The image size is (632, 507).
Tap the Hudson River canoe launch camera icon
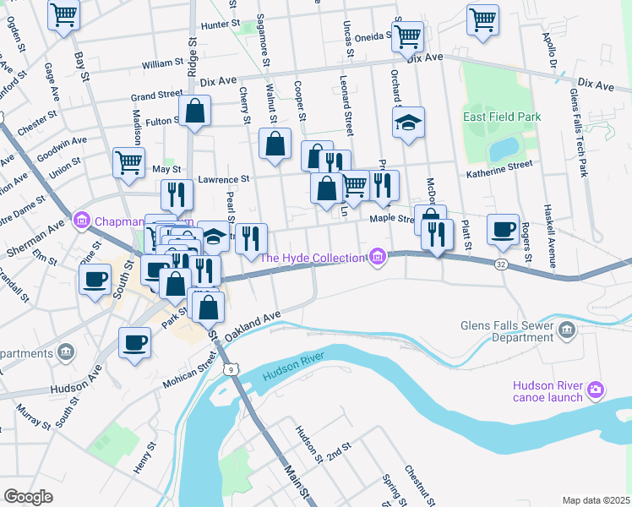click(596, 390)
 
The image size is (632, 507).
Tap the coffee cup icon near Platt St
click(504, 229)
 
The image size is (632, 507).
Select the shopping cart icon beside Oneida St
click(407, 36)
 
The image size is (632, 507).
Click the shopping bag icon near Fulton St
click(194, 112)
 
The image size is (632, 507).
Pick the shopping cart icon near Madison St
click(128, 161)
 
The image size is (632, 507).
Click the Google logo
click(29, 496)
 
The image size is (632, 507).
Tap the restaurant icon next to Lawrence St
click(177, 194)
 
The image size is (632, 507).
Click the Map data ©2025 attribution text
click(595, 499)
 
